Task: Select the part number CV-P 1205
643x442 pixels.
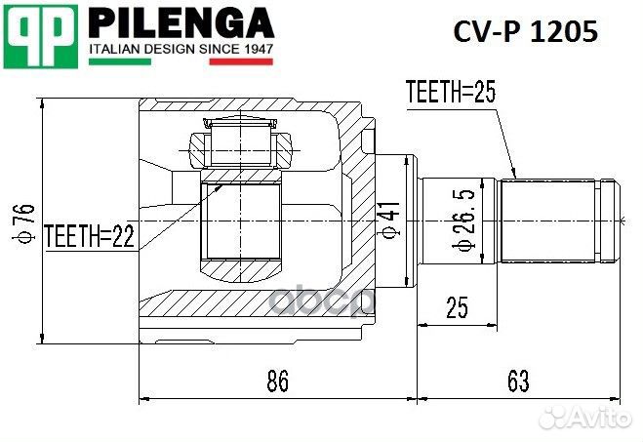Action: [525, 32]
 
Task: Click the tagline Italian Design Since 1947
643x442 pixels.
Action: [181, 48]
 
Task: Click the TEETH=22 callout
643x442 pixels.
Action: [89, 234]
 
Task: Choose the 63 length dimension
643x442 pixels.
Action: [519, 382]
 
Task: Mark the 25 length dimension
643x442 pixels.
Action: [457, 307]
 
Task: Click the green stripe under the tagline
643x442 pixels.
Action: [119, 61]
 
